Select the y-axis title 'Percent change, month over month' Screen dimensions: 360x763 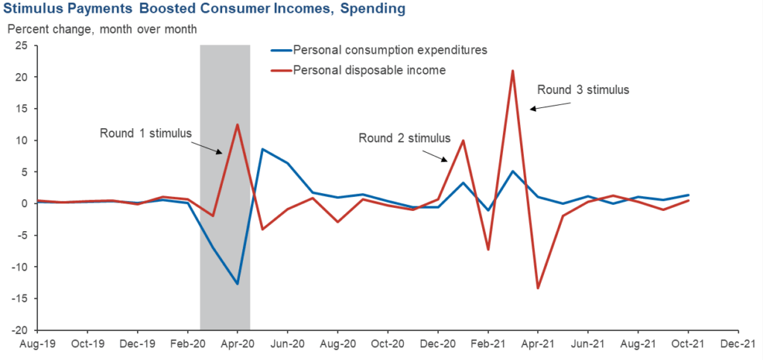(102, 29)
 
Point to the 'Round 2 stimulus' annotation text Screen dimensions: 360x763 (405, 138)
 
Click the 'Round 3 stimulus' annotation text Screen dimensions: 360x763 (583, 90)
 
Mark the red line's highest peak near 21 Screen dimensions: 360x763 (513, 71)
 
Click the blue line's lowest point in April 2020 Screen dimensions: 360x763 (237, 284)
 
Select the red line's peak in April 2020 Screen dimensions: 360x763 (237, 124)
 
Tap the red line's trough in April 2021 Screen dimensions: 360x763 (537, 288)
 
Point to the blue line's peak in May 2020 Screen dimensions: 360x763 (262, 149)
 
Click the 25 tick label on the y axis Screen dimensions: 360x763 (22, 45)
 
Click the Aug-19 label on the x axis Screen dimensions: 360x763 (37, 345)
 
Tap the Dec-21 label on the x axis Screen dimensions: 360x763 (737, 345)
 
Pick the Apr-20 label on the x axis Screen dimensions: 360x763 (237, 345)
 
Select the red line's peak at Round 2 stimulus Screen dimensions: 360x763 (463, 140)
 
